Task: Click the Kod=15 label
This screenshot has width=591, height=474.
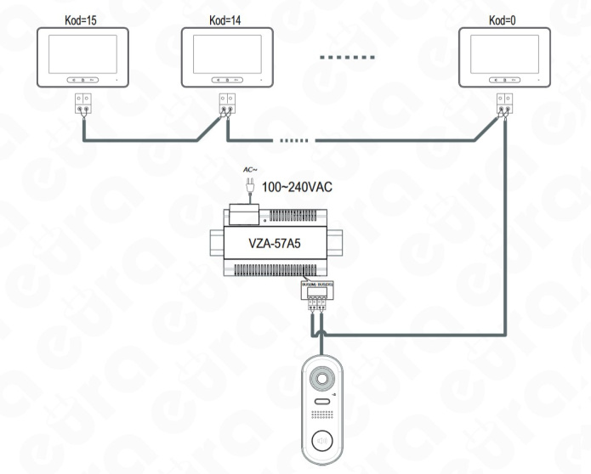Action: point(82,16)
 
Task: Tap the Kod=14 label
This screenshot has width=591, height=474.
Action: point(225,16)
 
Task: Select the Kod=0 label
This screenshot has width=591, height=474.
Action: point(500,16)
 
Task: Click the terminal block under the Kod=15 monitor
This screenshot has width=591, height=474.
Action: point(82,104)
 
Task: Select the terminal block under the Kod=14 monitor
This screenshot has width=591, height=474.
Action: point(225,104)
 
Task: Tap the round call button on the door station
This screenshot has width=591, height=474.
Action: point(322,440)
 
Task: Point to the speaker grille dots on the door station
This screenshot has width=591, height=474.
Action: point(323,418)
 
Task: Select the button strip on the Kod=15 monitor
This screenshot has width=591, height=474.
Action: point(82,79)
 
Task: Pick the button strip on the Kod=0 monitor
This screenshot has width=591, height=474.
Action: point(502,79)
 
